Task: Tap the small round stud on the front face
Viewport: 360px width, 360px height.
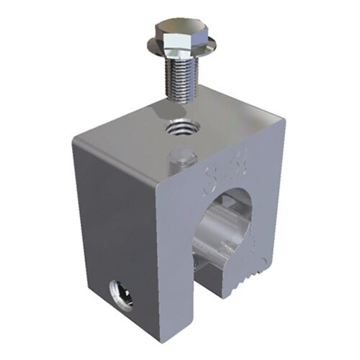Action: [x=181, y=160]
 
